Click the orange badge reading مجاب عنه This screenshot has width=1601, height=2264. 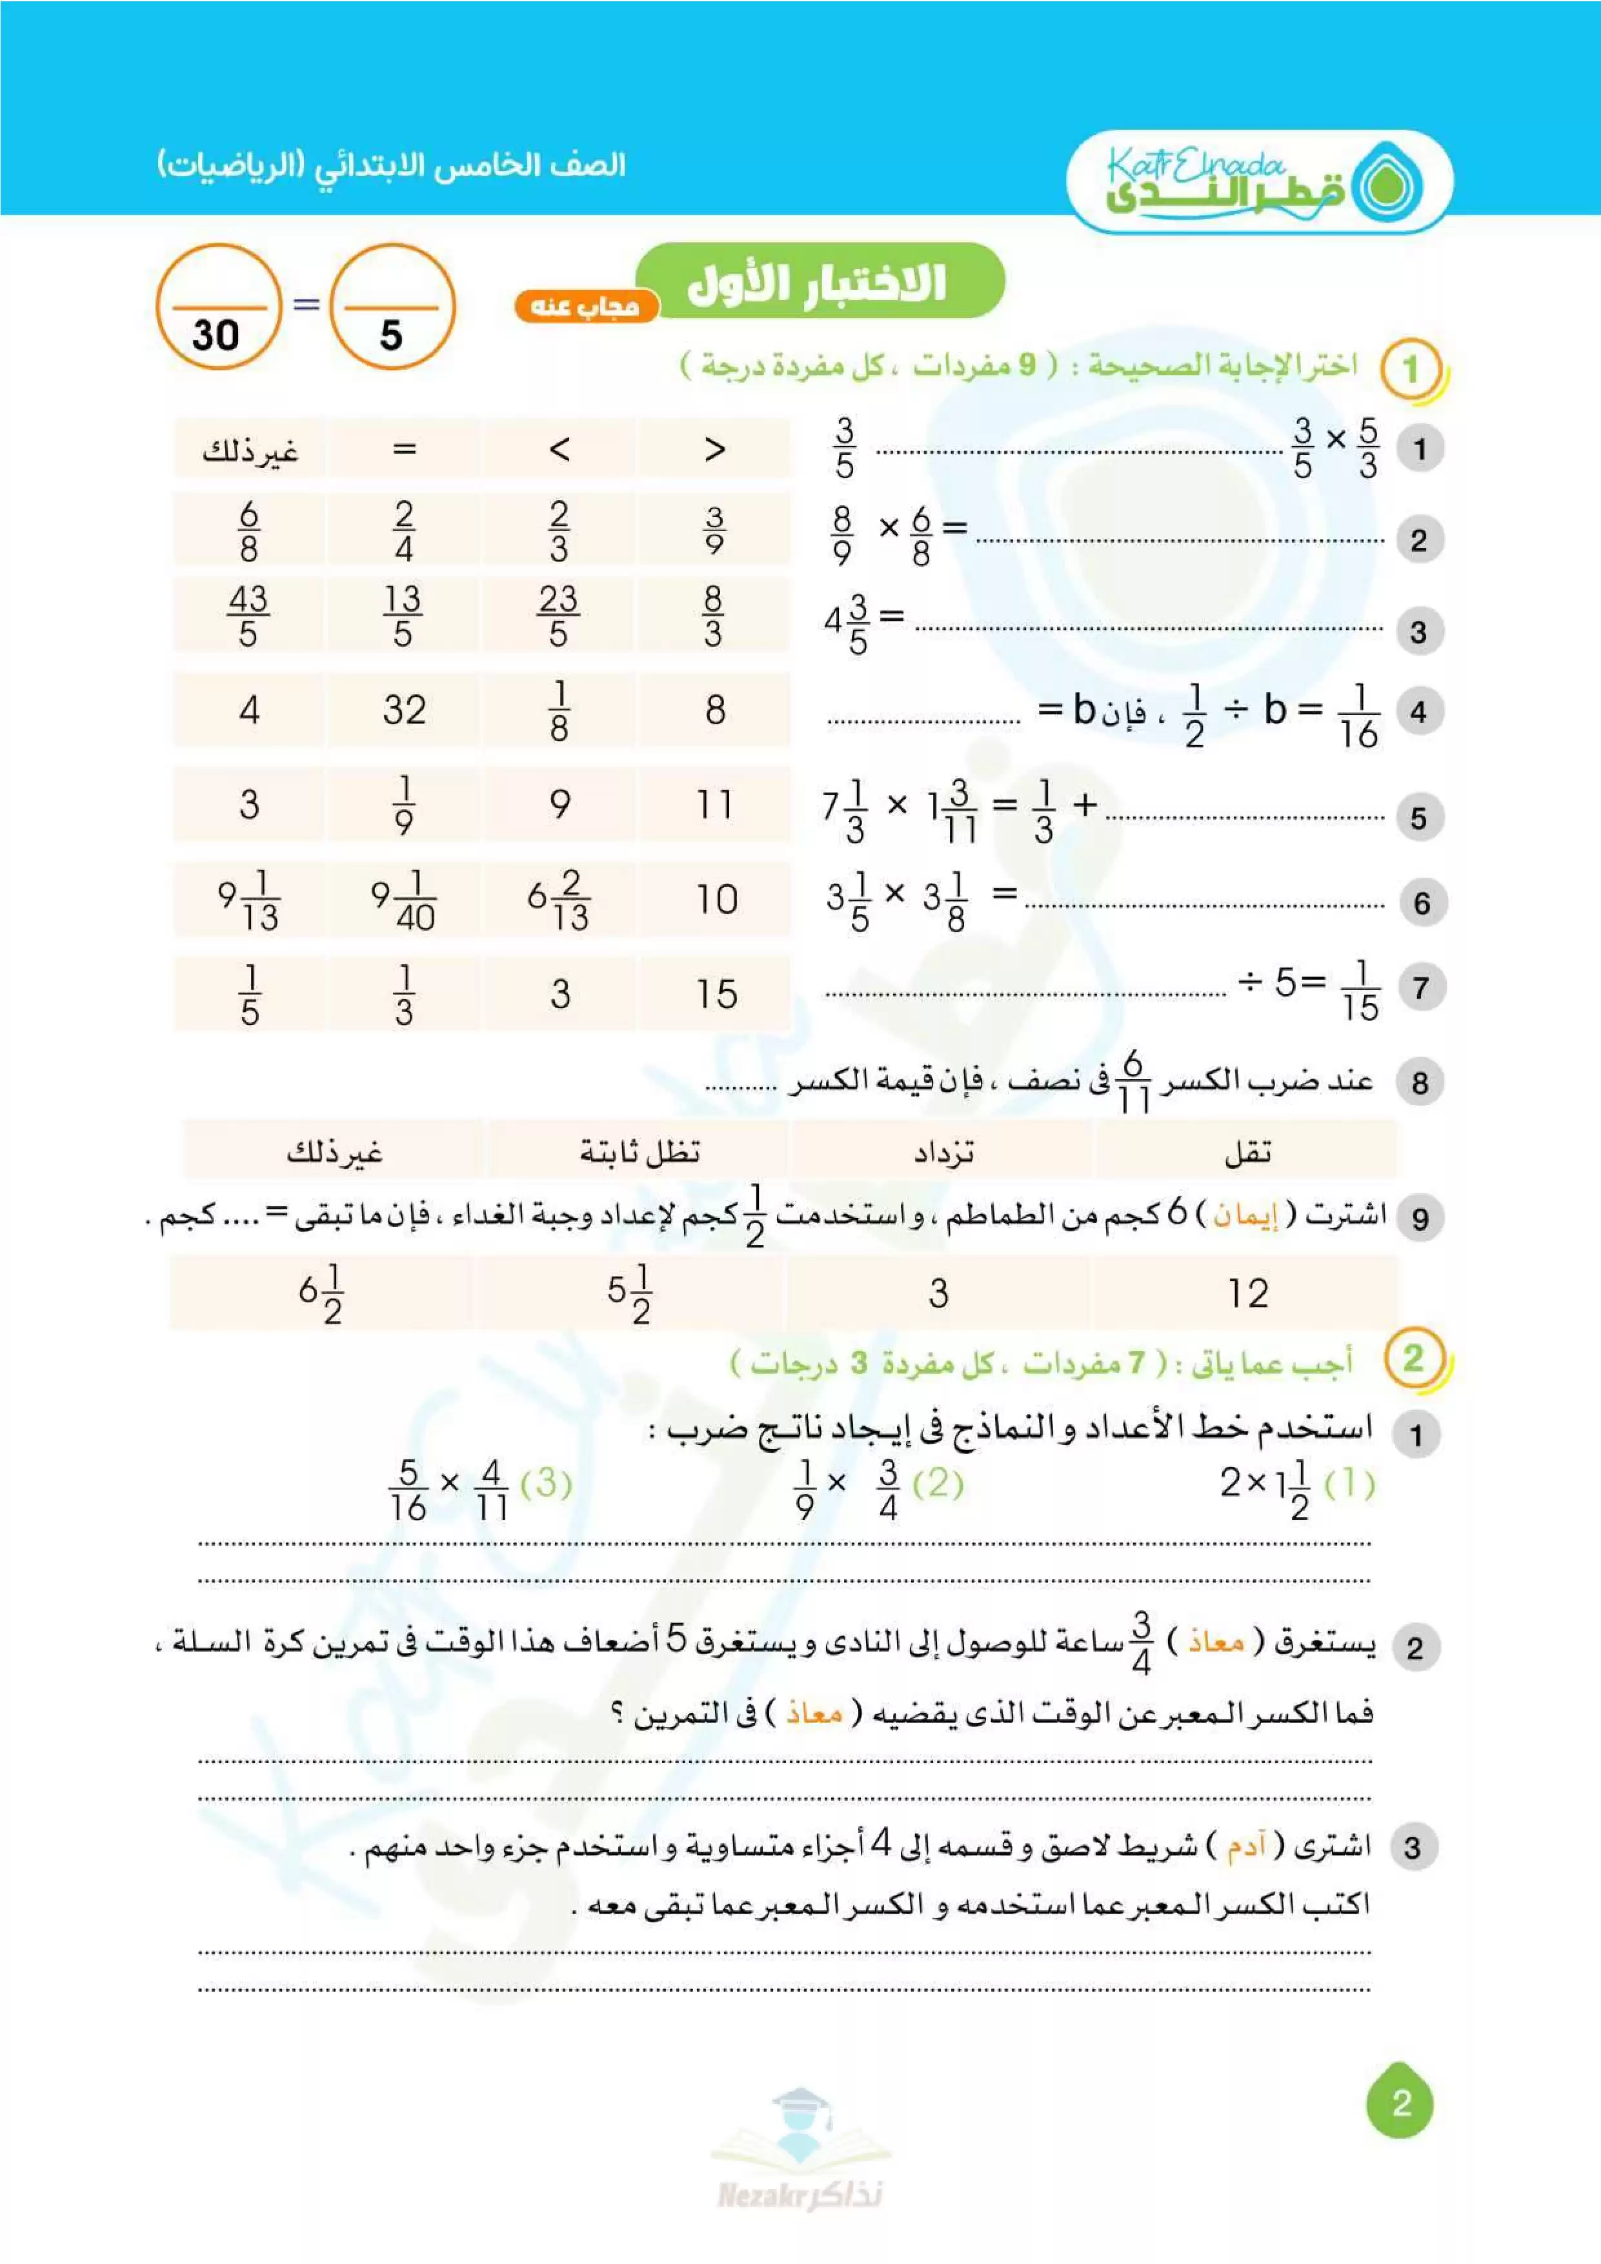585,307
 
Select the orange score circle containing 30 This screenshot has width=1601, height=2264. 218,307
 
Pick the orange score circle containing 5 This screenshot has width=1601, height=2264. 392,307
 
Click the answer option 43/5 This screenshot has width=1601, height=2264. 248,615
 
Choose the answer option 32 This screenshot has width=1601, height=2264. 404,710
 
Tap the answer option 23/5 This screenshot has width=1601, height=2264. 558,615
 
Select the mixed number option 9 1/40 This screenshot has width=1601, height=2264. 403,899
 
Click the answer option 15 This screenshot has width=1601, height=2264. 716,994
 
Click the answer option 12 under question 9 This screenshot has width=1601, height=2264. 1247,1293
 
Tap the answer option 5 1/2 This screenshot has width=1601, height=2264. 629,1293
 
